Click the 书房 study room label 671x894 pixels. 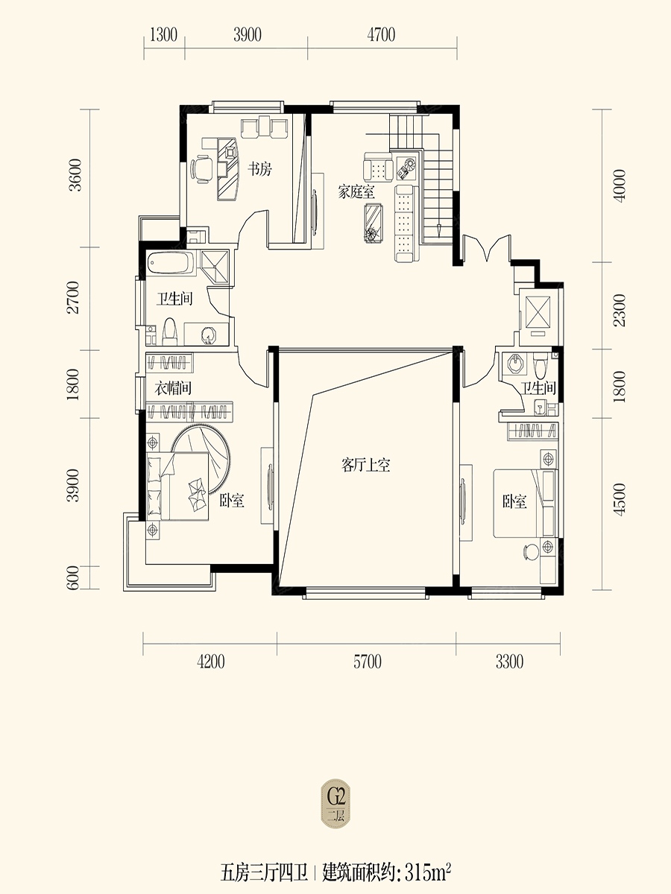click(x=260, y=168)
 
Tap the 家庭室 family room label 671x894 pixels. click(x=356, y=191)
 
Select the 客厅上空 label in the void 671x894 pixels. click(x=366, y=465)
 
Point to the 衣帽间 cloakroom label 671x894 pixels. click(x=173, y=387)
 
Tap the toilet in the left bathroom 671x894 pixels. click(x=169, y=332)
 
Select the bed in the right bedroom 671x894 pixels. click(x=525, y=504)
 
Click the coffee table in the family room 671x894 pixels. click(x=374, y=223)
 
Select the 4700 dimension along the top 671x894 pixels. click(x=381, y=34)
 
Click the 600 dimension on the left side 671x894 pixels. click(x=73, y=577)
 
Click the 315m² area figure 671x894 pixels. click(x=428, y=872)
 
